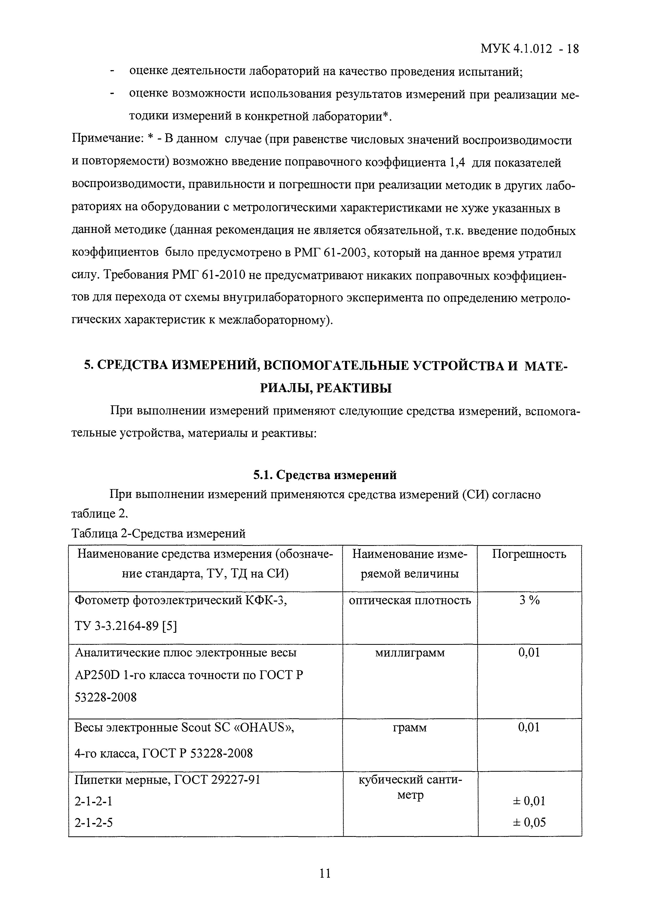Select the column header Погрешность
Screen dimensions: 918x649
pos(529,554)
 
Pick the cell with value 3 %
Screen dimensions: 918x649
pos(529,601)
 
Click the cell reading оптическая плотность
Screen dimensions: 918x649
pos(410,601)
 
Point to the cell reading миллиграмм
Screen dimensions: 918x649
pos(410,653)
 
